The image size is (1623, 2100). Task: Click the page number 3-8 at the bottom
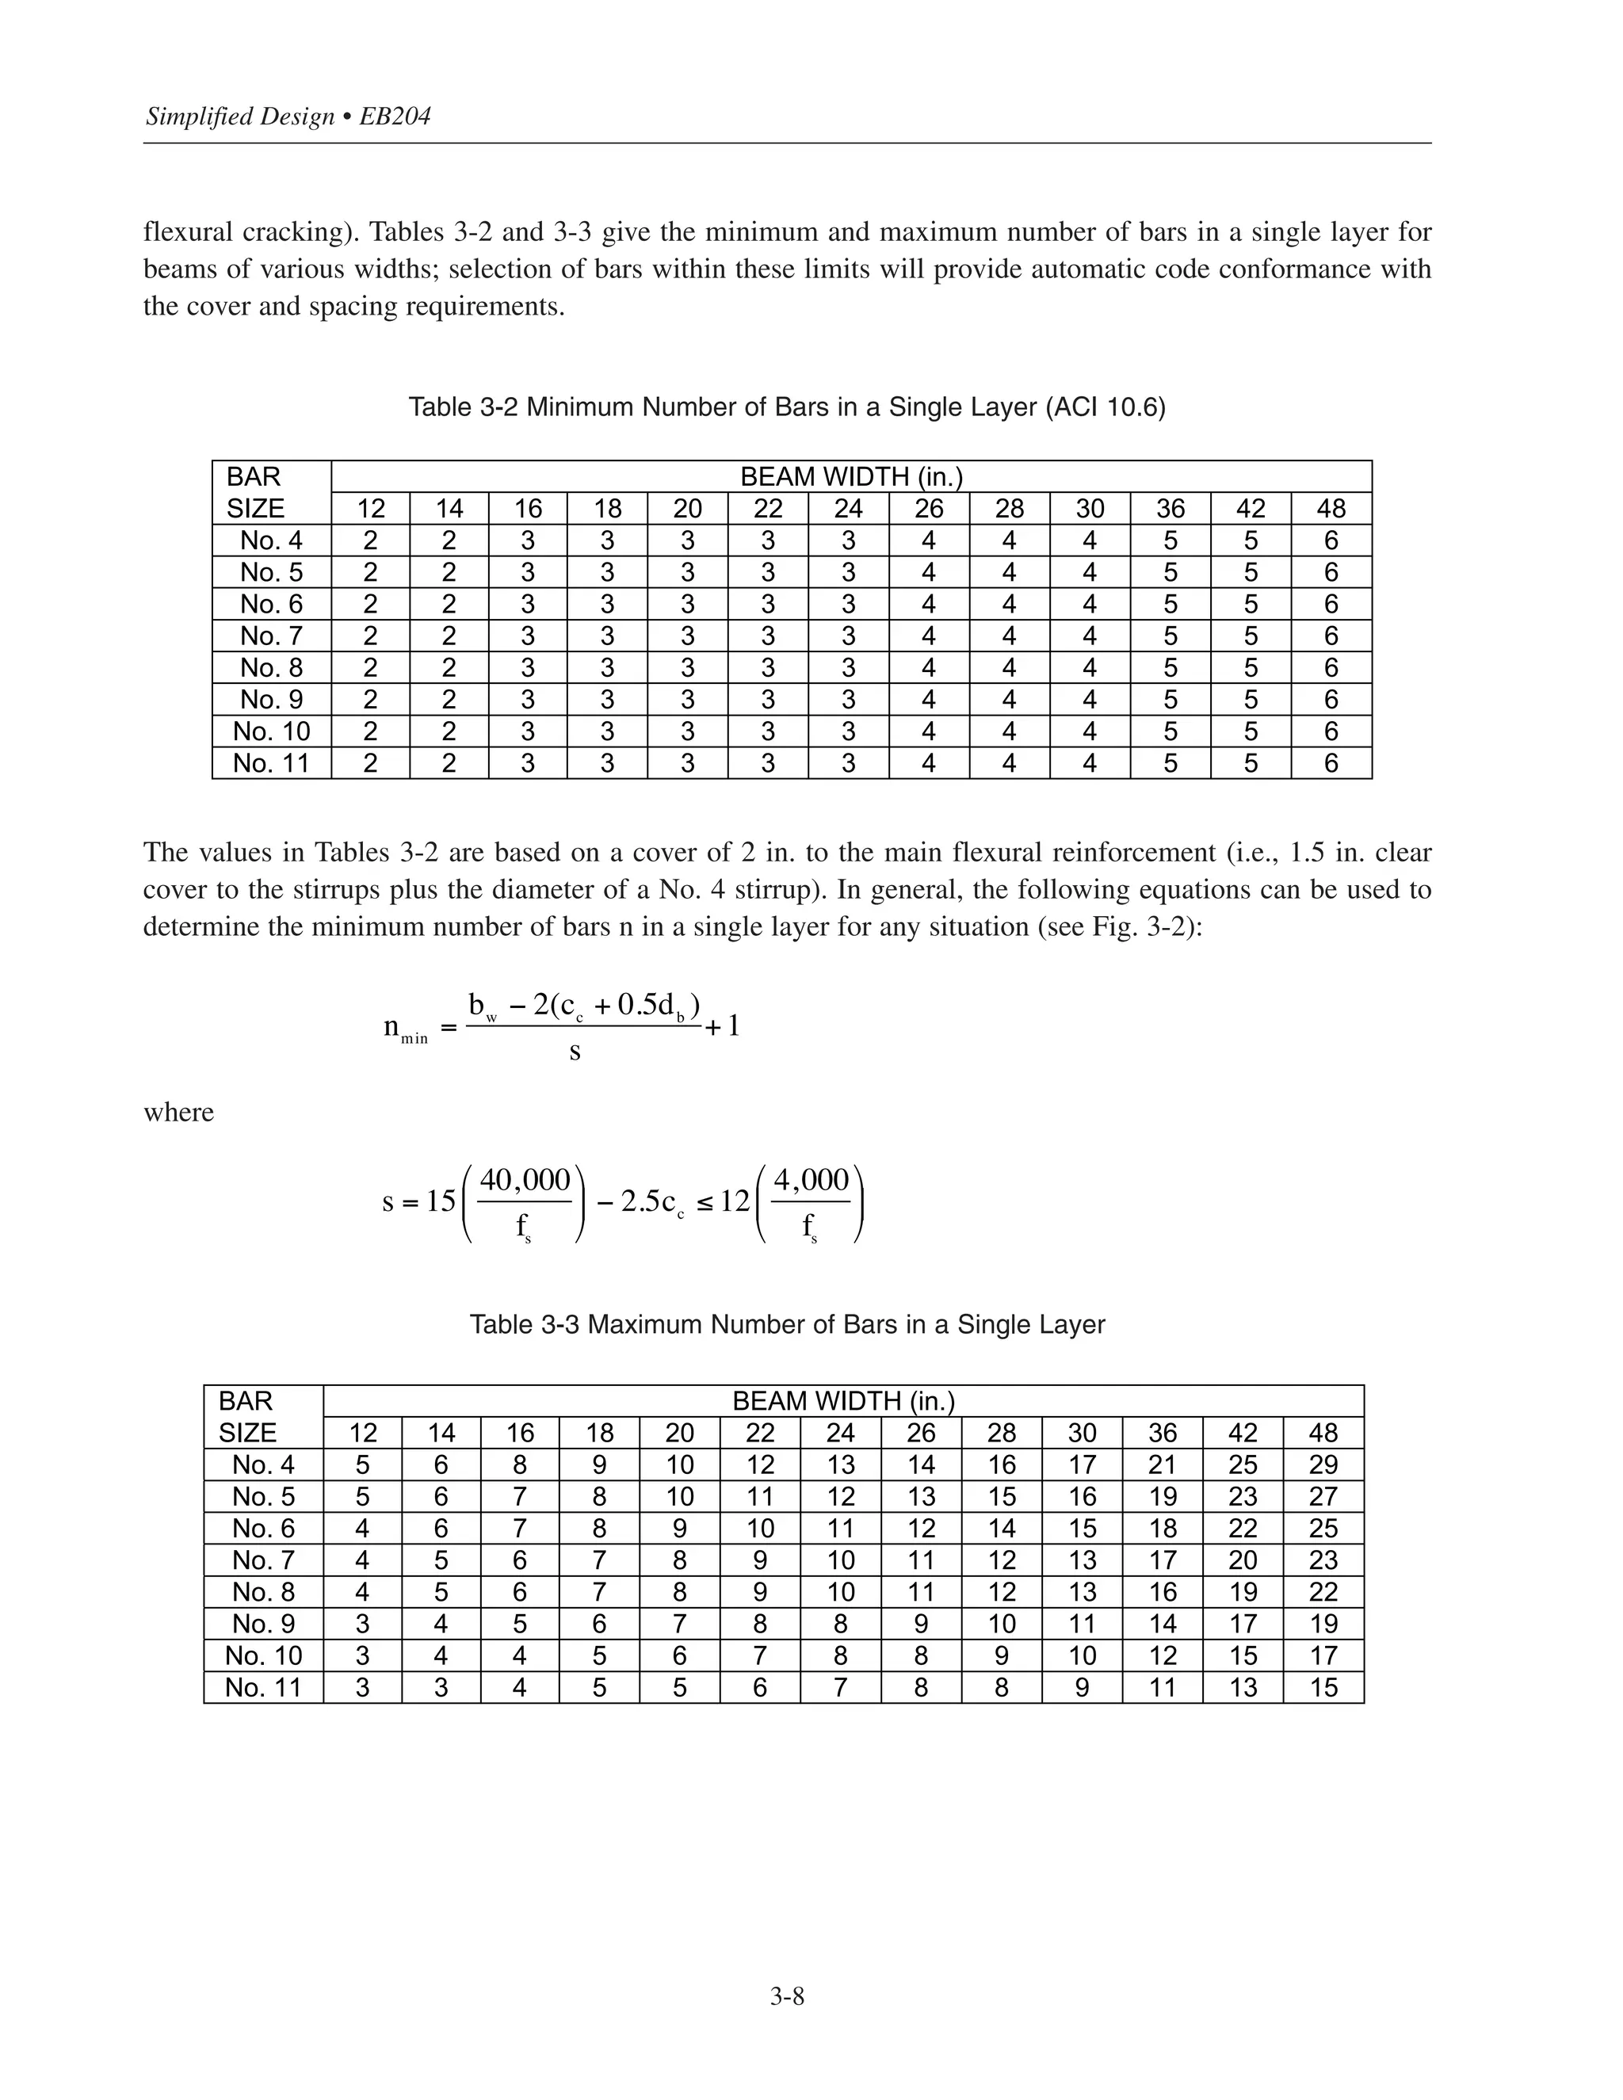[x=786, y=1996]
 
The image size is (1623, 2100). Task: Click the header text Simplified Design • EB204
[x=288, y=116]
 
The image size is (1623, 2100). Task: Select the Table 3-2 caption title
[x=786, y=407]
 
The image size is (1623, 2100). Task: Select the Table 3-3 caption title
[x=786, y=1324]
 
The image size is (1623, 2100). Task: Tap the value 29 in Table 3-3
[x=1323, y=1464]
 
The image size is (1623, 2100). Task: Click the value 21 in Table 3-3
[x=1163, y=1464]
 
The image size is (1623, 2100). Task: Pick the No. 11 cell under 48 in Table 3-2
[x=1331, y=762]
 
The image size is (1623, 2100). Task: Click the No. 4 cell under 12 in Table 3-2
[x=370, y=540]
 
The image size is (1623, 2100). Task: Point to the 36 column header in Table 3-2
[x=1170, y=509]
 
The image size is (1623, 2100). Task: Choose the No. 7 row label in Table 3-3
[x=263, y=1560]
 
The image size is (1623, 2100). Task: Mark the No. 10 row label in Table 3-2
[x=271, y=731]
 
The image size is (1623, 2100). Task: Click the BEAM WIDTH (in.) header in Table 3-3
[x=843, y=1401]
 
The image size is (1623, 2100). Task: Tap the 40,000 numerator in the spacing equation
[x=525, y=1180]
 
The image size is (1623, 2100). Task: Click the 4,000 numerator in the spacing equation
[x=811, y=1180]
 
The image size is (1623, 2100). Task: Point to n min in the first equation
[x=405, y=1028]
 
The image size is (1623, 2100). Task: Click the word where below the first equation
[x=179, y=1113]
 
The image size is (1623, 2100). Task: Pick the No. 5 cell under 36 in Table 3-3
[x=1163, y=1496]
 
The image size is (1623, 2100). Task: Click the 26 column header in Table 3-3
[x=920, y=1433]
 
